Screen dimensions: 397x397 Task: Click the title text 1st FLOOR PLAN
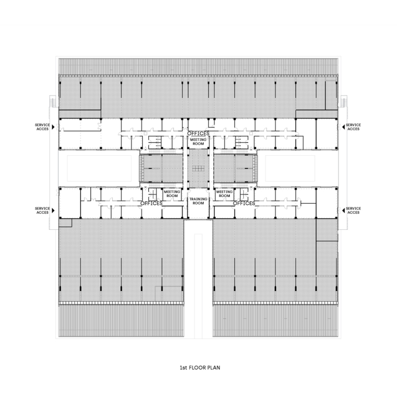point(199,367)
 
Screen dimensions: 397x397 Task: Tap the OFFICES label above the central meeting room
point(198,134)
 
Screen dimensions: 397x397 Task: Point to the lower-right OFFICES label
point(244,203)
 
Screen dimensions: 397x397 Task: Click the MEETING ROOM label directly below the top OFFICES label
point(198,142)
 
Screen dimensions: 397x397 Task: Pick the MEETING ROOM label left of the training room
point(172,193)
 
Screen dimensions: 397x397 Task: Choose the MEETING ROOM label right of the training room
point(225,193)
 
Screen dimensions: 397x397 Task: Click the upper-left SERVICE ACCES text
point(42,127)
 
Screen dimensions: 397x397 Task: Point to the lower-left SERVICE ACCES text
point(42,211)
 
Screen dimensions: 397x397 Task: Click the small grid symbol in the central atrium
point(198,168)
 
